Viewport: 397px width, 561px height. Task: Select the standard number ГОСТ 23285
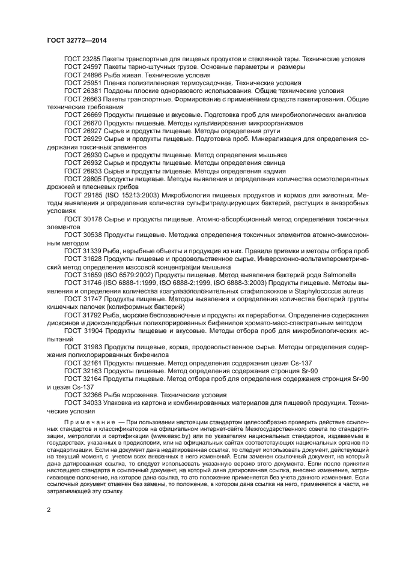(x=83, y=59)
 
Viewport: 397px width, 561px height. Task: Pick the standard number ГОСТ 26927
(x=83, y=130)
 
